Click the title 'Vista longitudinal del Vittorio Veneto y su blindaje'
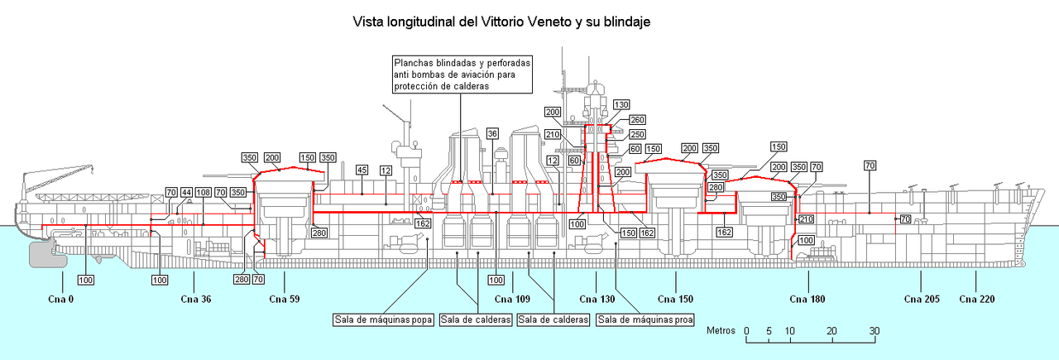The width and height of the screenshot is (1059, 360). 501,22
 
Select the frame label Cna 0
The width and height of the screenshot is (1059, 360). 60,299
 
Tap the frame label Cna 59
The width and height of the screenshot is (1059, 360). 283,299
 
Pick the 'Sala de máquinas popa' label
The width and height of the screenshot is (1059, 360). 384,319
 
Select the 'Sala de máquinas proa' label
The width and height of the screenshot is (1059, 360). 645,319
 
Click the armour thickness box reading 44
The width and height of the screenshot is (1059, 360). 188,193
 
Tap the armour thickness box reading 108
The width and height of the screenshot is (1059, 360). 203,193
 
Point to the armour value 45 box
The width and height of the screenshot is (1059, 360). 362,170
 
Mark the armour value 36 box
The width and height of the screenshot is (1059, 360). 492,133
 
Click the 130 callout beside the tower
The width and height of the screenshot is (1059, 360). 621,104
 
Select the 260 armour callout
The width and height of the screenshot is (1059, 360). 637,120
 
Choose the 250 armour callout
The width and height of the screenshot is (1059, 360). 637,134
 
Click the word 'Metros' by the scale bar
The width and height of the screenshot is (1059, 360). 721,330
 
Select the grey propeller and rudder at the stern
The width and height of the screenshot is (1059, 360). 48,253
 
